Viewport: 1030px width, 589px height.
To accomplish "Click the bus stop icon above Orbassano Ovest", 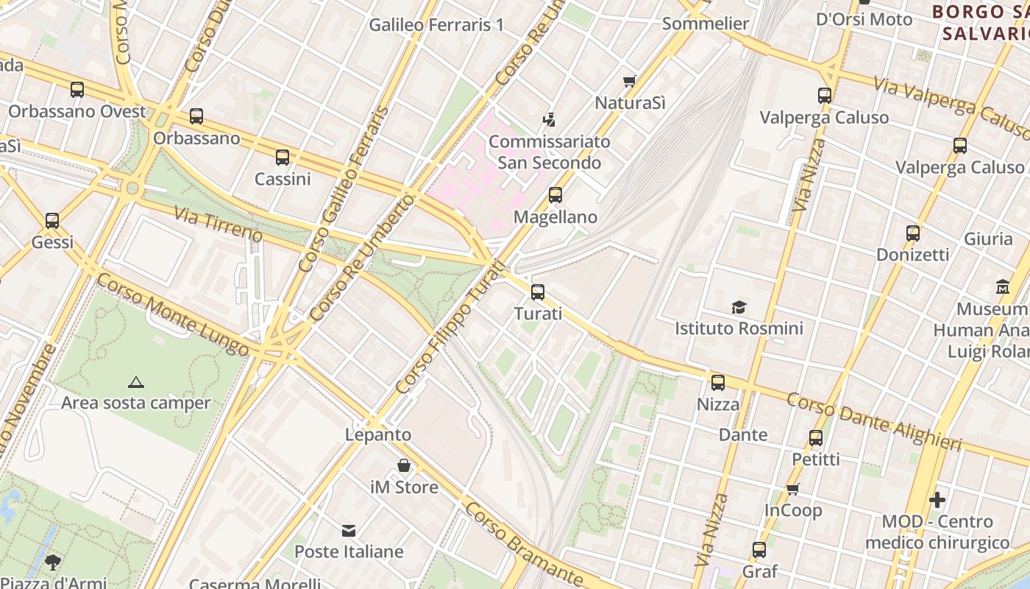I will pos(77,90).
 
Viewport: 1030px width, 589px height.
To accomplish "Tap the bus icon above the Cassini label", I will pos(283,157).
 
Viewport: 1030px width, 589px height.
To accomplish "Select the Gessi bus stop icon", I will pos(52,220).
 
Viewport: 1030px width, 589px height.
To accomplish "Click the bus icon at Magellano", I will pos(555,195).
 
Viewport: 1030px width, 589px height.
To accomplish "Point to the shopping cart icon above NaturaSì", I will pos(629,81).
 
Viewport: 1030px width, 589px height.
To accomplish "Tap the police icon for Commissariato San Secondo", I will pos(548,119).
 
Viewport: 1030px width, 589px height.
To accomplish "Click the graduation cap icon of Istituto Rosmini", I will pos(739,306).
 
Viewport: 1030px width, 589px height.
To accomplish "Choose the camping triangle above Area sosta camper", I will pos(135,382).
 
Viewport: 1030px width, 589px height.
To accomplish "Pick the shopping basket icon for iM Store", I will pos(404,465).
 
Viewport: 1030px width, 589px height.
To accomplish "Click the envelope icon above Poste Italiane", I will pos(349,530).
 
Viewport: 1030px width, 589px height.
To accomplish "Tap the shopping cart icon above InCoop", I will pos(792,489).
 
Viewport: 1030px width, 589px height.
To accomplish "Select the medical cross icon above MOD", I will pos(937,500).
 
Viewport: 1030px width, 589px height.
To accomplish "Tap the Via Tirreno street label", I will pos(218,224).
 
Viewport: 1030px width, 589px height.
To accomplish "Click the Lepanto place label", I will pos(378,434).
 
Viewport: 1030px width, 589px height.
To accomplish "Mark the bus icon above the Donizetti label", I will pos(913,233).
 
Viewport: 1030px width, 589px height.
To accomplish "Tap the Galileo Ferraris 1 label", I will pos(436,24).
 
